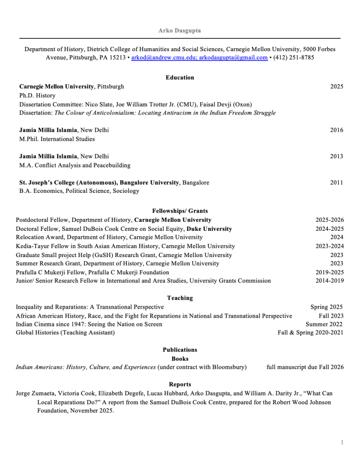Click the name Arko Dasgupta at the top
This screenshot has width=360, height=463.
[x=180, y=30]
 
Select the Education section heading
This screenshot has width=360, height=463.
[x=180, y=77]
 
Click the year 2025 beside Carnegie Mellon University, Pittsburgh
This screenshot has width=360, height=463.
[x=336, y=86]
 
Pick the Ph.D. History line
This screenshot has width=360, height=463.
[x=37, y=95]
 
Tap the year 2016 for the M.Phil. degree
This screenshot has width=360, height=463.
[x=336, y=130]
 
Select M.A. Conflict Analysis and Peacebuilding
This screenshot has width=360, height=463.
[x=75, y=165]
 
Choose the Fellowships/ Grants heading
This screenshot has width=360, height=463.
[x=180, y=211]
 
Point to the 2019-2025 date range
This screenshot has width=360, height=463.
[x=330, y=272]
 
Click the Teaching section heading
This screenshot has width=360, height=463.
[x=180, y=298]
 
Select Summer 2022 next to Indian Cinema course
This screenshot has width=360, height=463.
[x=324, y=324]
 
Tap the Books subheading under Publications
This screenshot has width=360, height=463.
[x=180, y=358]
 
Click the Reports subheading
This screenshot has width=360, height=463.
[x=180, y=384]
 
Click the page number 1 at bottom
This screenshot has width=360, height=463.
[x=342, y=442]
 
